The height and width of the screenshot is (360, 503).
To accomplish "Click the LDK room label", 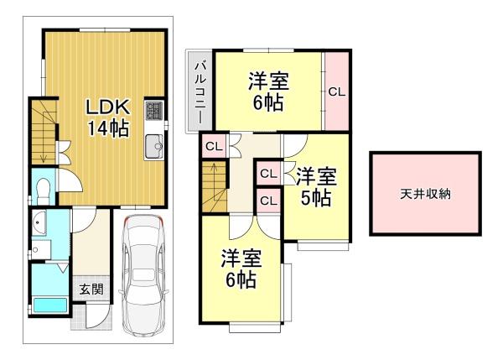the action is [x=108, y=107].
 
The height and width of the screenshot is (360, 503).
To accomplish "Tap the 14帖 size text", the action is [x=108, y=128].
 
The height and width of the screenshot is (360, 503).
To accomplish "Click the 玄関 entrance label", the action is [x=91, y=290].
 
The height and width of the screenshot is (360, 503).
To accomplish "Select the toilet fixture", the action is [x=43, y=190].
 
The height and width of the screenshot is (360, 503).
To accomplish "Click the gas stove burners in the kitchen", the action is [x=154, y=111].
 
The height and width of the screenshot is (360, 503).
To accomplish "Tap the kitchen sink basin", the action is [x=154, y=147].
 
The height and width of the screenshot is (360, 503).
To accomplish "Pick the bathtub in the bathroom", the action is [x=50, y=305].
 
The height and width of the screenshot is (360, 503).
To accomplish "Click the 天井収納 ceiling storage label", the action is [x=425, y=195].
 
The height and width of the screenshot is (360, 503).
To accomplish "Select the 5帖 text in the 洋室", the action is [x=315, y=198].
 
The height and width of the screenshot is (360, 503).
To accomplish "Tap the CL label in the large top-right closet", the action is [x=336, y=92].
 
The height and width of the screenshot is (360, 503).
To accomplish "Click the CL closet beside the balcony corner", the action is [x=214, y=147].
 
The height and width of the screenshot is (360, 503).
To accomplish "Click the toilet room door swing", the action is [x=70, y=180].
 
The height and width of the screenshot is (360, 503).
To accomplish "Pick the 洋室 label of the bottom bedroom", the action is [x=241, y=258].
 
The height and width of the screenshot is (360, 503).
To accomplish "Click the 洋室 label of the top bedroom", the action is [x=268, y=81].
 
